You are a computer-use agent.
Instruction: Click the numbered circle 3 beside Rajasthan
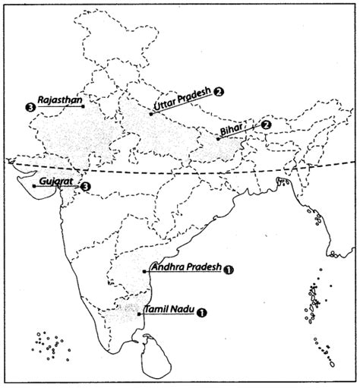29,107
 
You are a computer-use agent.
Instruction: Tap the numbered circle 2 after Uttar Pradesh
219,92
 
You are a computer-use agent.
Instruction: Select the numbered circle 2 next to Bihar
266,125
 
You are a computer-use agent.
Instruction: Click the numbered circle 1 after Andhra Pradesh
229,269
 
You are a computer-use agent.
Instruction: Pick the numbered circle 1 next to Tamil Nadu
201,311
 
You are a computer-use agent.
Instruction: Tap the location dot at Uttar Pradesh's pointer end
150,115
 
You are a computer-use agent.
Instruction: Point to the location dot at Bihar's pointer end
217,140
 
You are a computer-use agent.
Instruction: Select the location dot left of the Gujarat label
33,185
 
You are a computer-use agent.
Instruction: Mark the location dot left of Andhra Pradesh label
144,271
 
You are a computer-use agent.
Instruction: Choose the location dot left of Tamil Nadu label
138,313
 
